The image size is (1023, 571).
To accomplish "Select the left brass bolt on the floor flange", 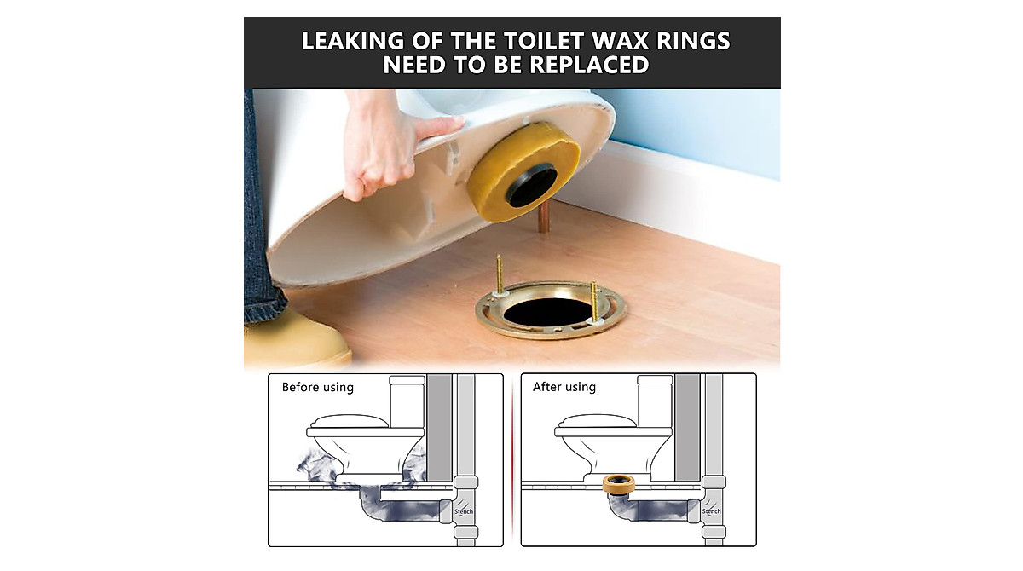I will pos(498,277).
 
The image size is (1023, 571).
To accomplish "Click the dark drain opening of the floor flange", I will pos(546,311).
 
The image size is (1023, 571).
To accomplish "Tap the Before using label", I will pos(317,388).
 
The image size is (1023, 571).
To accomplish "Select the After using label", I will pos(564,388).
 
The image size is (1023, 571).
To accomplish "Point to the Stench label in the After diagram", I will pos(711,512).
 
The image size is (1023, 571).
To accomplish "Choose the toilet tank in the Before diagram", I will pos(407,401).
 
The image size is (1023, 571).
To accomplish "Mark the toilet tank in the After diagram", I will pos(656,401).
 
